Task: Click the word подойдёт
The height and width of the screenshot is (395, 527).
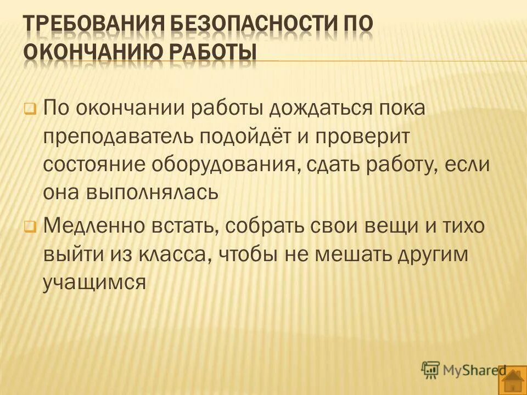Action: point(246,136)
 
